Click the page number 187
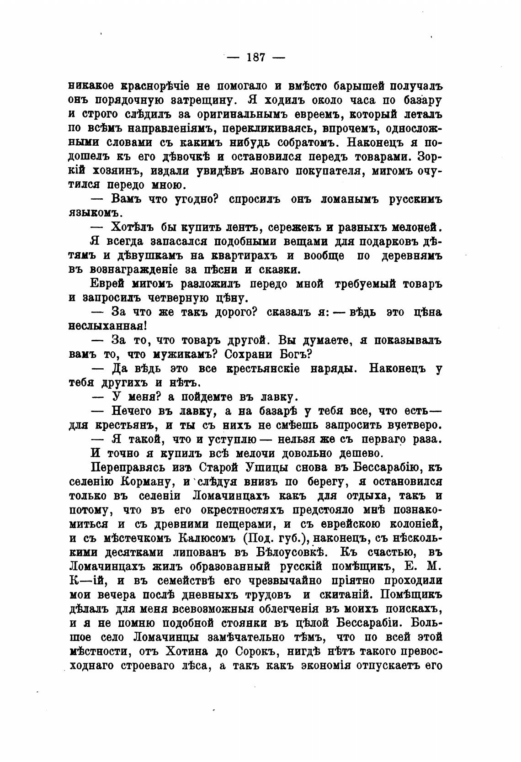[x=256, y=58]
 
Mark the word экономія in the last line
[x=326, y=666]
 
